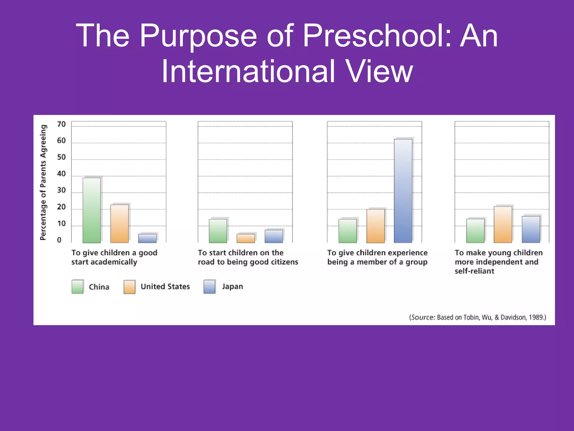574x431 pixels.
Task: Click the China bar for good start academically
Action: click(x=92, y=210)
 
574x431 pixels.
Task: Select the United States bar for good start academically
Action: click(x=119, y=224)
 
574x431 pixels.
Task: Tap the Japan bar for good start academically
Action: click(x=147, y=238)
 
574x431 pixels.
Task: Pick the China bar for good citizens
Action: click(x=218, y=231)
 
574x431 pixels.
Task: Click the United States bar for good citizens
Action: click(x=246, y=238)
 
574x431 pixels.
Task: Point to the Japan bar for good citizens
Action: click(x=274, y=236)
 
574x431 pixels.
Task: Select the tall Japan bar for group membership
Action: click(x=403, y=191)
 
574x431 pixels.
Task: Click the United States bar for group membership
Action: click(x=376, y=226)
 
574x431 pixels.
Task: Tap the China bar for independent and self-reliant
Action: click(x=475, y=231)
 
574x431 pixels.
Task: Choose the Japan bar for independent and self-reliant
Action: click(x=531, y=229)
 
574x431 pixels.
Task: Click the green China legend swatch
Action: click(x=78, y=287)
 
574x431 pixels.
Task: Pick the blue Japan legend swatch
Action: click(x=209, y=287)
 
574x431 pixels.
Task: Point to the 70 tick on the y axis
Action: click(x=61, y=124)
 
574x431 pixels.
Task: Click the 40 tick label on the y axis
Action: click(x=61, y=174)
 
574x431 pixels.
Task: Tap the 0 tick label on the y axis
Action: click(x=59, y=240)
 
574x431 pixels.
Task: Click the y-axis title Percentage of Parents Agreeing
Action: click(x=43, y=182)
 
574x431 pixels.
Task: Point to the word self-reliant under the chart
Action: click(x=475, y=271)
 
